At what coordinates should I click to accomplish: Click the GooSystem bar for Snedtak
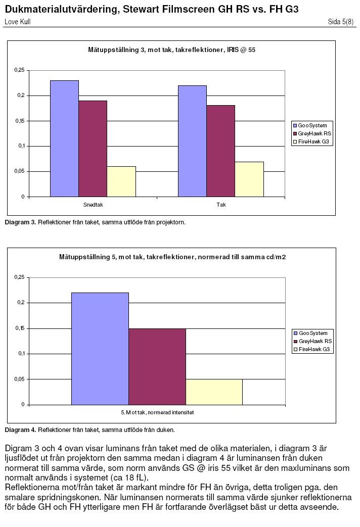64,138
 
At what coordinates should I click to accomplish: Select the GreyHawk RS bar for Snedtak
93,149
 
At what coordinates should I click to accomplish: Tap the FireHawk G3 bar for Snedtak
121,181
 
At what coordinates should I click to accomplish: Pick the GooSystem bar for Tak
193,141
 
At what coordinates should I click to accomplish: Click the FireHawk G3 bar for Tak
249,179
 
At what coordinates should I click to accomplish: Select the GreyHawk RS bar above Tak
221,151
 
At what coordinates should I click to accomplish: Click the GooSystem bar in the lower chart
100,349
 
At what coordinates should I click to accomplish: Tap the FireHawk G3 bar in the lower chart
214,392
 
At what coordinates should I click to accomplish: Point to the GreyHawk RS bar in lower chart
157,367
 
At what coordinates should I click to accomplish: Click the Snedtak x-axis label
93,205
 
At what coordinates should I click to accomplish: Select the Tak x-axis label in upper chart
221,205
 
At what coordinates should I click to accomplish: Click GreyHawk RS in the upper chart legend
314,133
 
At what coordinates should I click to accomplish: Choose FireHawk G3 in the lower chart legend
314,349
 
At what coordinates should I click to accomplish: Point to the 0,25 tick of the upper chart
20,70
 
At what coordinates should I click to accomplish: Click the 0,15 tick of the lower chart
20,328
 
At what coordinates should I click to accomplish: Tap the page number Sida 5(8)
340,22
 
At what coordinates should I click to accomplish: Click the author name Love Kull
18,22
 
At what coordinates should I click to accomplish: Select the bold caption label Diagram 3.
20,222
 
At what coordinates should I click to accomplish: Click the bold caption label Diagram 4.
20,430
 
